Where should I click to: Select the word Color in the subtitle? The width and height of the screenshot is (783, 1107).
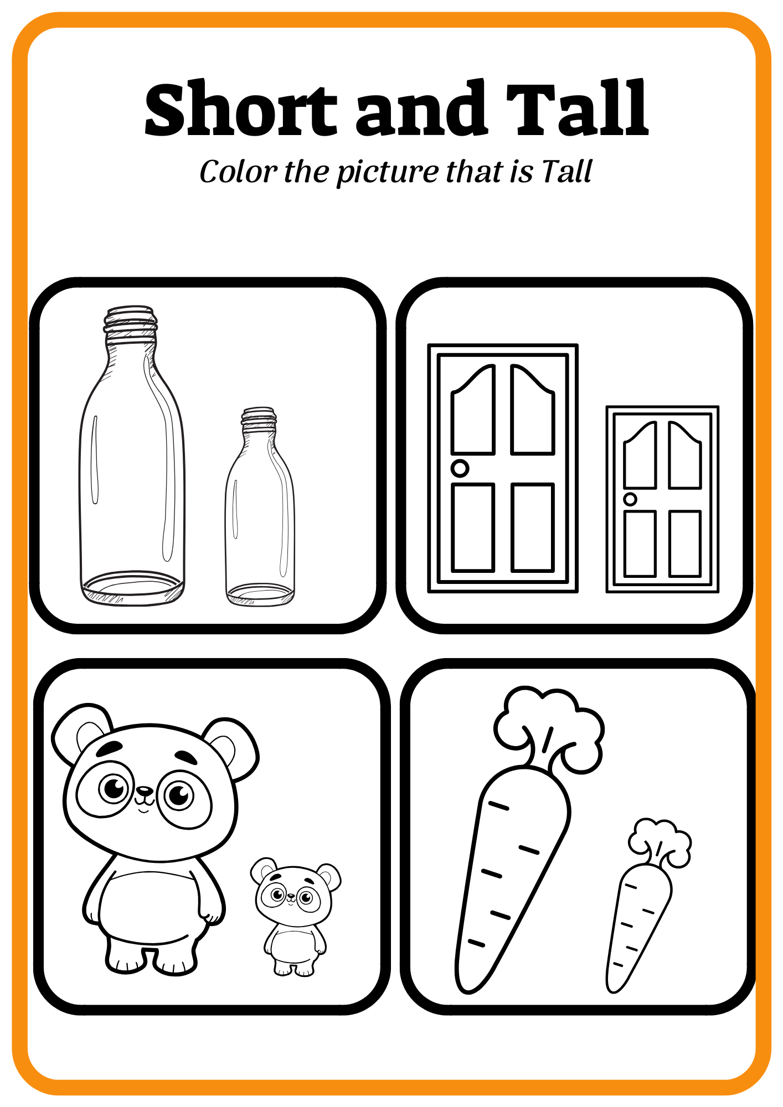click(238, 172)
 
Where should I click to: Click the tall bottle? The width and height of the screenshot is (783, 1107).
click(132, 455)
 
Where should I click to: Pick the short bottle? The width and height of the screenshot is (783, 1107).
click(260, 506)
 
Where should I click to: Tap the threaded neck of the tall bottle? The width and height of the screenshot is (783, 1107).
click(131, 325)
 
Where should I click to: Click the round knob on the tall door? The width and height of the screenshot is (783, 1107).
click(460, 468)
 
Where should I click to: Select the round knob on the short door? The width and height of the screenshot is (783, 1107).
click(630, 499)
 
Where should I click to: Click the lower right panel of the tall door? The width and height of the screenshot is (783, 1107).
click(533, 527)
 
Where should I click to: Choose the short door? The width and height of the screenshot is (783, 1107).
click(662, 499)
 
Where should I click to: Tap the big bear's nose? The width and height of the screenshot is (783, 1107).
click(145, 790)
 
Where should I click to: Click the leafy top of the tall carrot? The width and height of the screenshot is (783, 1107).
click(548, 728)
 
